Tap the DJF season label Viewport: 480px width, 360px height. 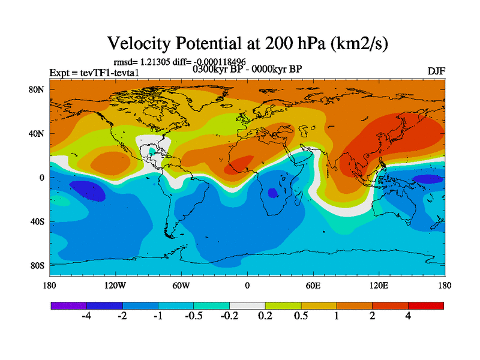436,71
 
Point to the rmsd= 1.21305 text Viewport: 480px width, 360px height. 140,61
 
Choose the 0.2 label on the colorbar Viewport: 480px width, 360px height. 265,316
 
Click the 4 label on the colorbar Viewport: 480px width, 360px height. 408,316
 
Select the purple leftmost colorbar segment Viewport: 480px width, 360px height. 68,305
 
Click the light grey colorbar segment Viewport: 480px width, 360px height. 247,305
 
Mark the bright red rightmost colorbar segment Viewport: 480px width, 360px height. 426,305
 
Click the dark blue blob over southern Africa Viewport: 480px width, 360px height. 272,193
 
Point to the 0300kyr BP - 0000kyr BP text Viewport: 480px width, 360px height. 247,68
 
